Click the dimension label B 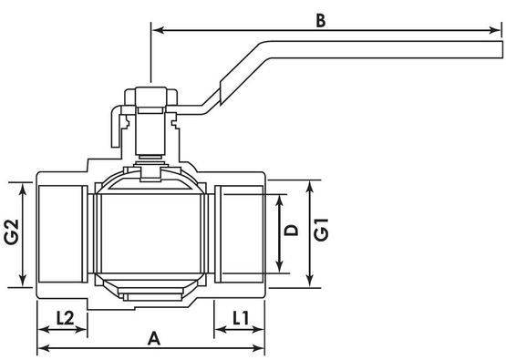(x=320, y=21)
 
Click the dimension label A (x=154, y=338)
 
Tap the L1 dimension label (x=241, y=318)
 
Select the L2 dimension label (x=65, y=318)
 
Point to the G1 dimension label (x=322, y=230)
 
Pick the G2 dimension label (x=12, y=231)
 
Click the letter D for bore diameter (x=291, y=231)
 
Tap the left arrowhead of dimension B (x=159, y=30)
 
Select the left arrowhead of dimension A (x=44, y=348)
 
